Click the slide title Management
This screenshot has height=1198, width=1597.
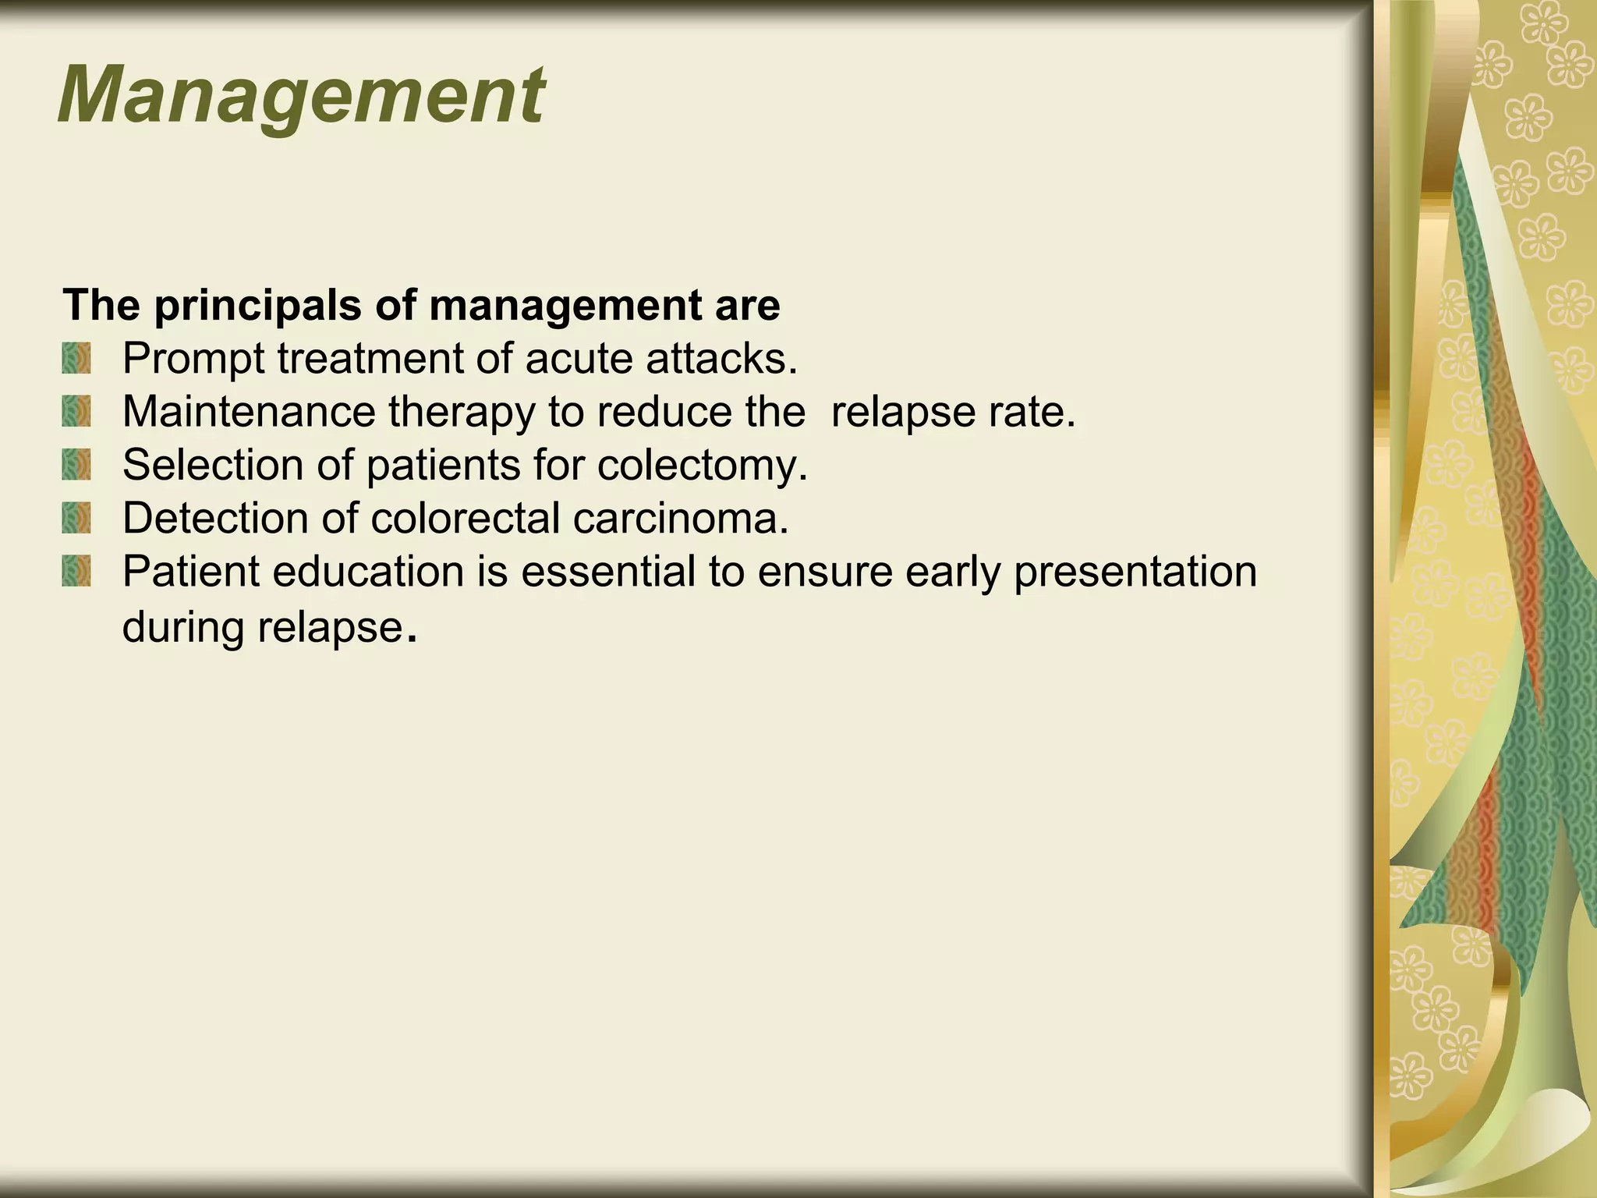[301, 97]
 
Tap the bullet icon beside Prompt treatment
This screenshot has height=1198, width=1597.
[76, 359]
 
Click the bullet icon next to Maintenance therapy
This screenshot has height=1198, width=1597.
[76, 411]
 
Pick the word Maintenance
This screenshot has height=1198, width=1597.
[249, 412]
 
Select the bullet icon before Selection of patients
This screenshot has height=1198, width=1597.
[76, 465]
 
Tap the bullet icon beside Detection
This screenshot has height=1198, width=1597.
[76, 518]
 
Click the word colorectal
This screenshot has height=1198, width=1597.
[466, 518]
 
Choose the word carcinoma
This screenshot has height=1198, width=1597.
[680, 519]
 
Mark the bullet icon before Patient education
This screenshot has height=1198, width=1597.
[76, 571]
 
